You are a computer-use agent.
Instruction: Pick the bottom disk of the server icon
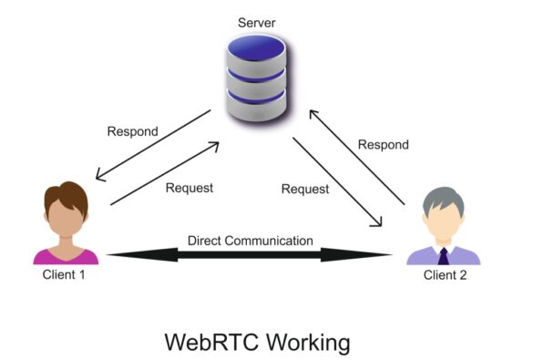(x=256, y=95)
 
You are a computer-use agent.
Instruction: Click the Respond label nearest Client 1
(x=132, y=131)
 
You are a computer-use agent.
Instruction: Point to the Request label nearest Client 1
(x=190, y=189)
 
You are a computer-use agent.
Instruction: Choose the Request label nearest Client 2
(x=304, y=190)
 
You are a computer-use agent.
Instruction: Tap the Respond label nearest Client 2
(x=383, y=145)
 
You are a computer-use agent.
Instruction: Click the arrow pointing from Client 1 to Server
(x=169, y=173)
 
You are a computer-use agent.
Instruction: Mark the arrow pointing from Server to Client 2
(x=337, y=183)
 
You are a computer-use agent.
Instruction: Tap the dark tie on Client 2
(x=443, y=254)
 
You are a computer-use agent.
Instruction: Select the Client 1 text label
(x=64, y=275)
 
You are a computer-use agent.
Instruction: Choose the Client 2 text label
(x=444, y=275)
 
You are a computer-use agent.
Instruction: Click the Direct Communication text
(x=251, y=242)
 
